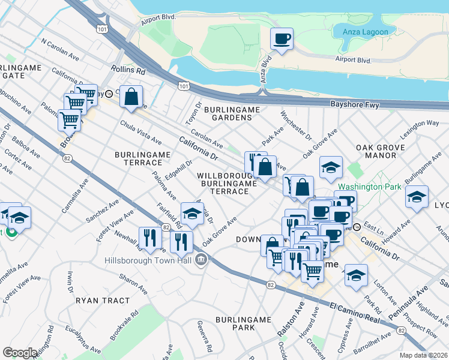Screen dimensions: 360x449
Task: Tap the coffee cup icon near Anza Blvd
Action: point(282,40)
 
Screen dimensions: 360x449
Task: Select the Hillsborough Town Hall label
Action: point(148,260)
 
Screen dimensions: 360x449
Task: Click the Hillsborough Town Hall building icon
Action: point(201,260)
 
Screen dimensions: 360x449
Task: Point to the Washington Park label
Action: point(369,187)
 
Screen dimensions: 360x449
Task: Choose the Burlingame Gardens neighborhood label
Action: point(232,113)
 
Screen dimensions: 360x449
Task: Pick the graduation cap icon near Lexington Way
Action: point(417,197)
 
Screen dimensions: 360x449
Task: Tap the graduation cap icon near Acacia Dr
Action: point(191,214)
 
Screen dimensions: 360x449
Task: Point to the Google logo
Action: point(20,353)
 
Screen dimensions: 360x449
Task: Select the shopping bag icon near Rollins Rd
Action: point(131,96)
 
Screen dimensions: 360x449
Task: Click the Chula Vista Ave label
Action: point(140,133)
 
